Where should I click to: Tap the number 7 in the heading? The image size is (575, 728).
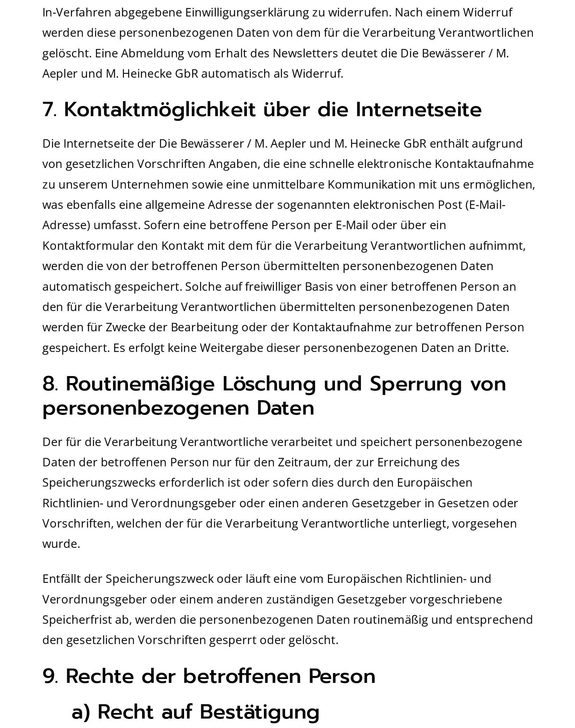47,110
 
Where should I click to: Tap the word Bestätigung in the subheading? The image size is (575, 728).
260,712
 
